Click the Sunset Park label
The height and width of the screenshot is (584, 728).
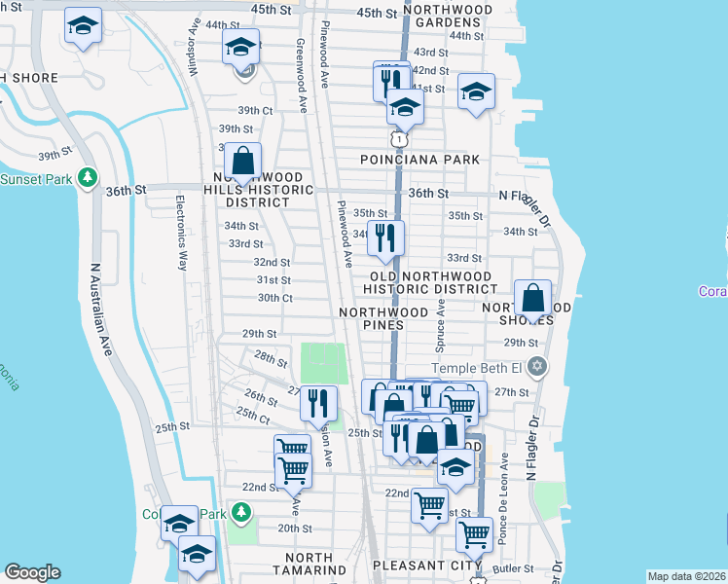pyautogui.click(x=37, y=179)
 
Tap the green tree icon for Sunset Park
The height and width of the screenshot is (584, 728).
pyautogui.click(x=88, y=178)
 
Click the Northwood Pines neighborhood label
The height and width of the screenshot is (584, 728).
pyautogui.click(x=383, y=319)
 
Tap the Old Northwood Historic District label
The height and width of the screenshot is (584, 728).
pyautogui.click(x=430, y=281)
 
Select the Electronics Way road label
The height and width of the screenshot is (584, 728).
pyautogui.click(x=182, y=234)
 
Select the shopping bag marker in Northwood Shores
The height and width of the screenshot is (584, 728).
pyautogui.click(x=533, y=300)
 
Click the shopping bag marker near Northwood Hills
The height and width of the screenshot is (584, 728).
pyautogui.click(x=242, y=163)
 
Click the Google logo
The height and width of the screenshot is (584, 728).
pyautogui.click(x=33, y=572)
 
